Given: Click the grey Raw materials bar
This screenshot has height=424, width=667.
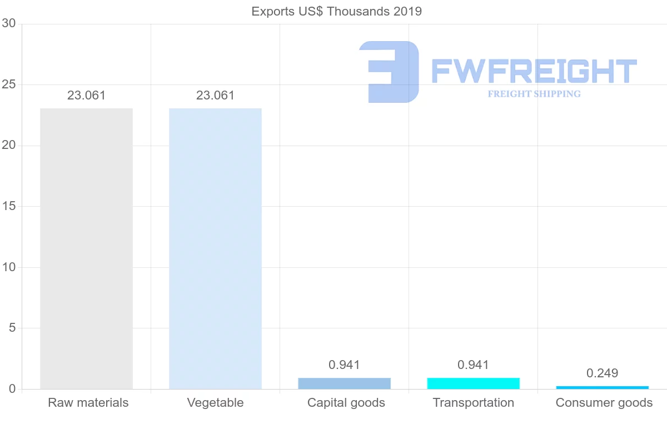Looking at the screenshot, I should (86, 248).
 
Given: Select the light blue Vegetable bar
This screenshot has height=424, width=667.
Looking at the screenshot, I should (215, 248).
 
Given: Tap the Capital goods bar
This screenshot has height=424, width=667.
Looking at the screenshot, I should (344, 383).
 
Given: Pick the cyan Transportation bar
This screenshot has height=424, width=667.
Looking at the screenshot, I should (473, 383).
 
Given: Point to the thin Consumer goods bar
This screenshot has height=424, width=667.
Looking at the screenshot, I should (602, 387).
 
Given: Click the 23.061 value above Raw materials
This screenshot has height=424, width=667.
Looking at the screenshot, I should (86, 96).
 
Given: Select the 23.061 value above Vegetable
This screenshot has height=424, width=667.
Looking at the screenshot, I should (215, 96).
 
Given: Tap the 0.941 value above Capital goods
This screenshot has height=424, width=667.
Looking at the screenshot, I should (344, 365).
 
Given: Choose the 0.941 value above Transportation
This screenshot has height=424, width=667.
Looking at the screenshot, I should (473, 365).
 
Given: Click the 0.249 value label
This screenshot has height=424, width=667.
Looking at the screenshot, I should (602, 373).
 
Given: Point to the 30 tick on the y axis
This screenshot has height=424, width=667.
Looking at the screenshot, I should (8, 23).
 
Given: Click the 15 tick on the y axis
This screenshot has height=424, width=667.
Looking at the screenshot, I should (8, 207).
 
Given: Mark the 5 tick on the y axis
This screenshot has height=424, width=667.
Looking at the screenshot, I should (12, 328).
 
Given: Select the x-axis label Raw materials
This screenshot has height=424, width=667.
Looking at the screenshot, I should (88, 403).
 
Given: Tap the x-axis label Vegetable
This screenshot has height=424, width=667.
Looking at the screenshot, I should (215, 403).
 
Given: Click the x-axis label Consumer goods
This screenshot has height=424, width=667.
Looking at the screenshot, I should (604, 403).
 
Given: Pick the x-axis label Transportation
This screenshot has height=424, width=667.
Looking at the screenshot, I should (473, 403).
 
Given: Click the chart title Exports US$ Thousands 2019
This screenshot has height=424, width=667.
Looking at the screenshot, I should (336, 11).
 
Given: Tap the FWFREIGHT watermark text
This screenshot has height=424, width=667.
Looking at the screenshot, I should (534, 71).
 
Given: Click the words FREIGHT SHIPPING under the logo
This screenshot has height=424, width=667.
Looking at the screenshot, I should (534, 94).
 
